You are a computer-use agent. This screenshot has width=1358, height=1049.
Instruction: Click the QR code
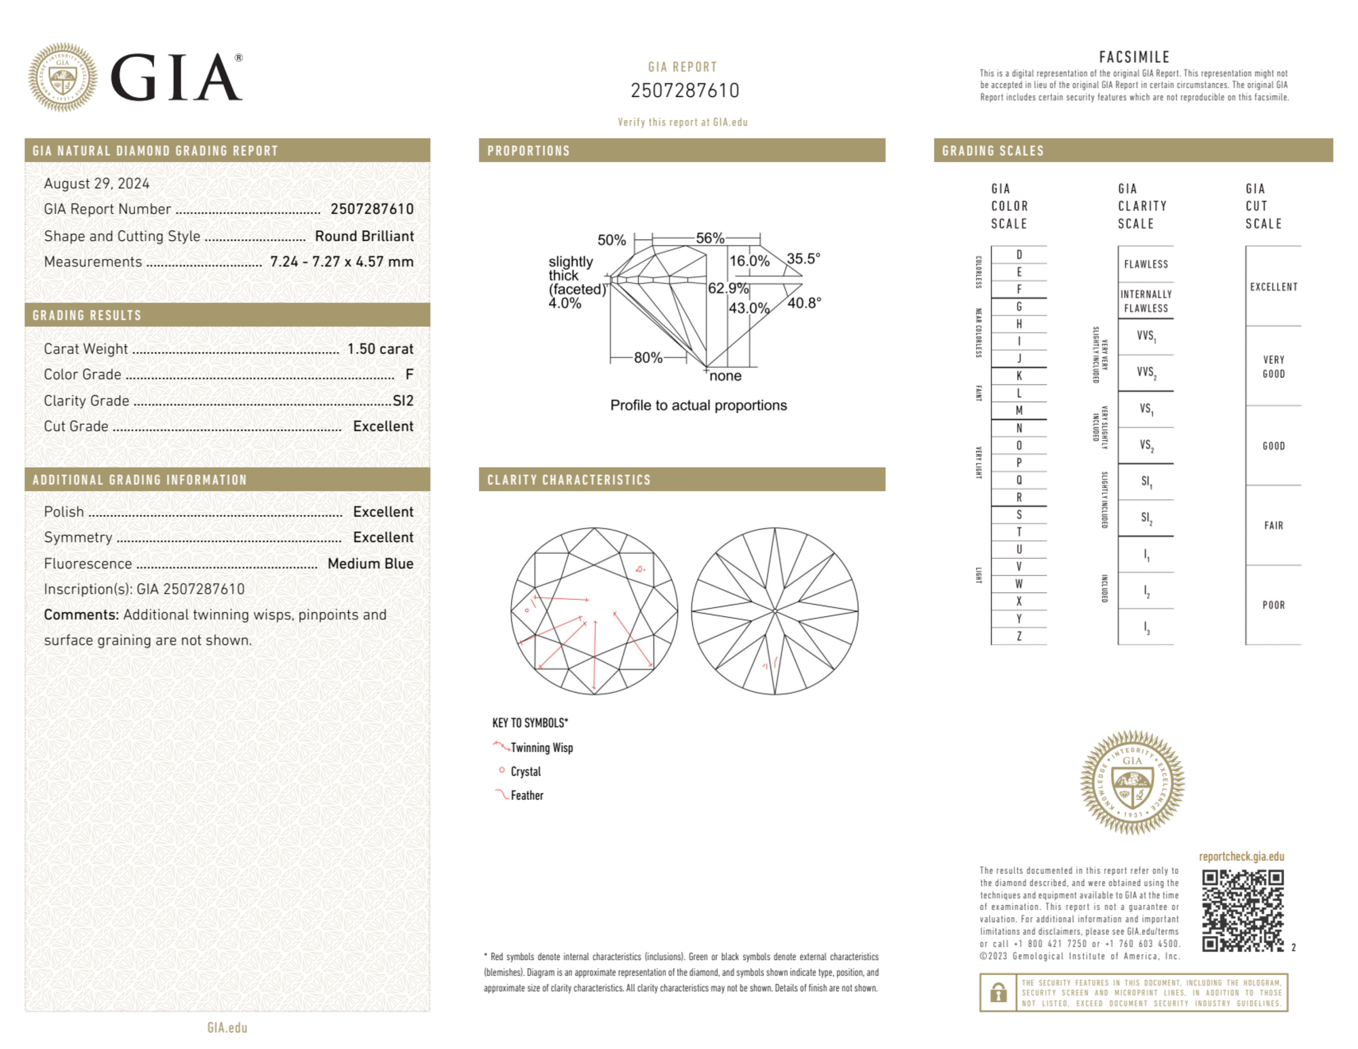coord(1242,910)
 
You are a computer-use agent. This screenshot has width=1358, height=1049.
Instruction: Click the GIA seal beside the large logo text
coord(62,77)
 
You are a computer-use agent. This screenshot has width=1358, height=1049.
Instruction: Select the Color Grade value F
coord(409,375)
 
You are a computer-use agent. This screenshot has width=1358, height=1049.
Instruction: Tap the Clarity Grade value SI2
coord(402,400)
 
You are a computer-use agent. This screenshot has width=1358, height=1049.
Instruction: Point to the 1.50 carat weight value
coord(380,349)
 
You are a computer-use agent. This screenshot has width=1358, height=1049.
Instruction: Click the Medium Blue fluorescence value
coord(370,563)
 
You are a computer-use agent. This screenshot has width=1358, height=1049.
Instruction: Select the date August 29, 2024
coord(96,183)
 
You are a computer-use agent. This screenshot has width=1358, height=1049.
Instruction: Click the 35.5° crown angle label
coord(804,259)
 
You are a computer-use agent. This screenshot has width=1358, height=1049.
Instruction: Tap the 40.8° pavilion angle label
coord(804,303)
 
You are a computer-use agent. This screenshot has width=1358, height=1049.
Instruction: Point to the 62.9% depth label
coord(728,288)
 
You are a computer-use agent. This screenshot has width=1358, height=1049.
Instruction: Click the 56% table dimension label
coord(710,238)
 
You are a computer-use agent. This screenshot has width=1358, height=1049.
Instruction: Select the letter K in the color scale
coord(1019,376)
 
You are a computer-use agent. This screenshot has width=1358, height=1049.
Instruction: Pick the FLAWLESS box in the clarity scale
coord(1146,264)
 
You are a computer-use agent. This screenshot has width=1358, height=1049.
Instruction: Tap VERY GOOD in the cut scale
coord(1273,366)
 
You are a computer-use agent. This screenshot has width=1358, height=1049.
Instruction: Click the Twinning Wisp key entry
coord(541,748)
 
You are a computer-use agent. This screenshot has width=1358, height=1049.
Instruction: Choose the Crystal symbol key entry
coord(525,771)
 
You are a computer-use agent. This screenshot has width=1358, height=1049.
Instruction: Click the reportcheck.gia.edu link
coord(1241,856)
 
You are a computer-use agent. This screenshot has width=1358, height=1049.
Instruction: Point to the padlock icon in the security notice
coord(998,993)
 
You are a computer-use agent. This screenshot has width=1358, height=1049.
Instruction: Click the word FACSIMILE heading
coord(1134,57)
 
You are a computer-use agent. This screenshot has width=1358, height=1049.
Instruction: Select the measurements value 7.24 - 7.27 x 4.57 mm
coord(341,262)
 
